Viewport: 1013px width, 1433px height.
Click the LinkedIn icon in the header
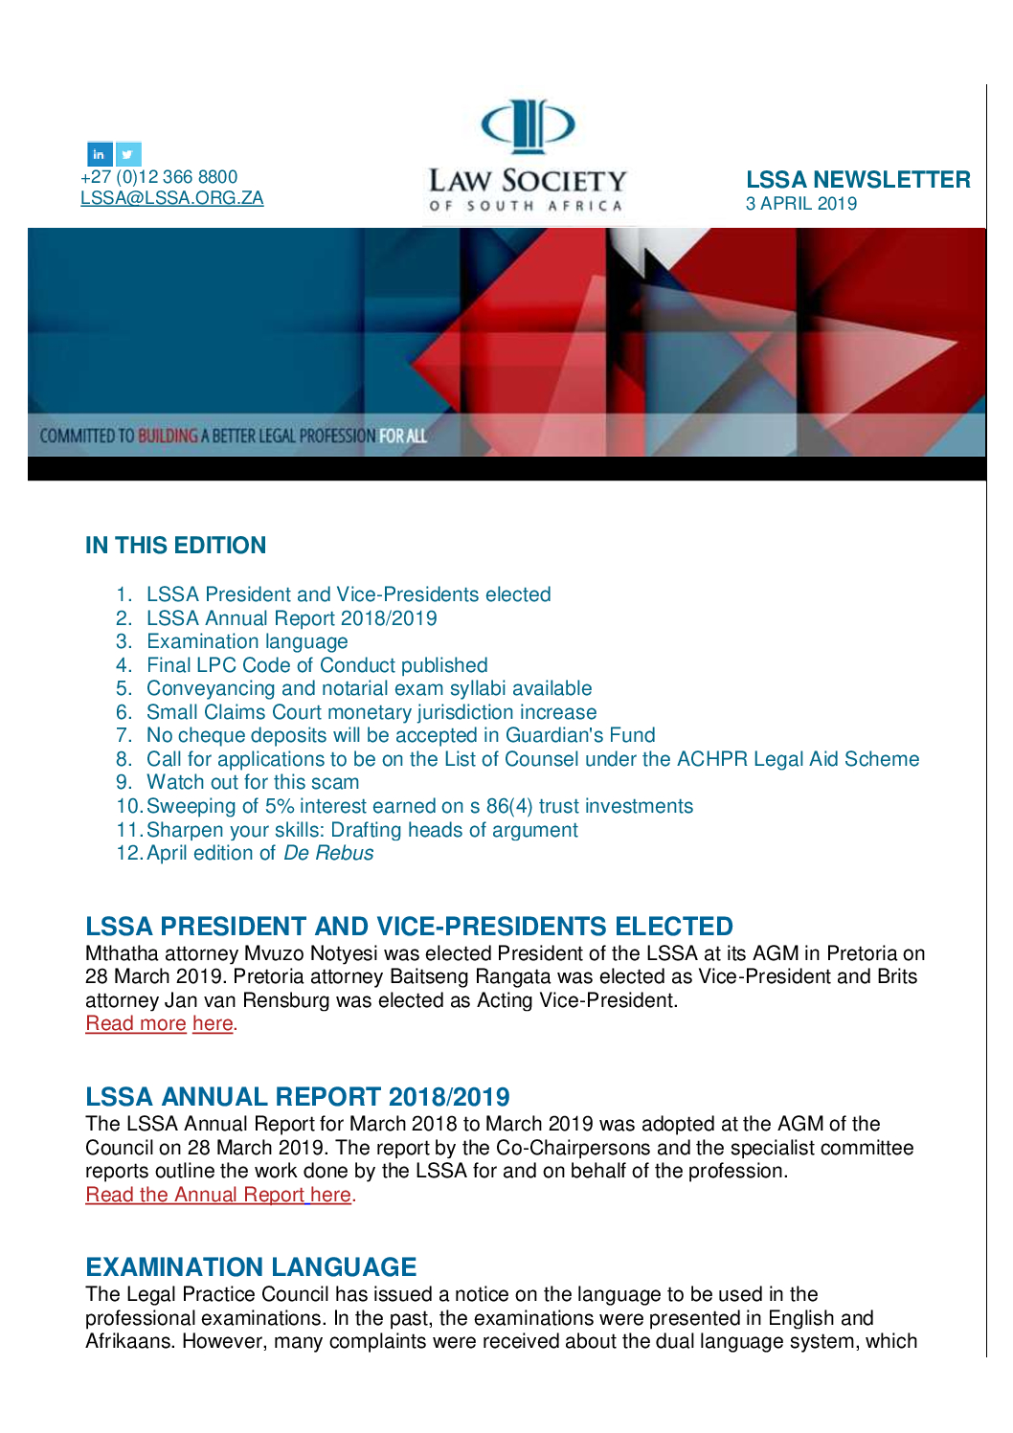tap(100, 154)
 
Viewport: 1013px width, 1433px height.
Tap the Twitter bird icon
tap(128, 154)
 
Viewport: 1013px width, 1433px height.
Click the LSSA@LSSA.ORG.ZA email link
tap(171, 198)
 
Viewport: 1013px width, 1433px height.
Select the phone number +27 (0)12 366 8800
tap(159, 177)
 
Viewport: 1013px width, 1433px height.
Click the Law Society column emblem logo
tap(527, 125)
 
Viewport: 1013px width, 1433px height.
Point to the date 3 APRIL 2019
tap(801, 204)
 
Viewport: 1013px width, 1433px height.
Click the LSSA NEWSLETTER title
tap(858, 180)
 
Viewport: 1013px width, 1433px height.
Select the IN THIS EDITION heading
tap(175, 546)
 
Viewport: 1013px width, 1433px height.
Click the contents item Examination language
tap(247, 641)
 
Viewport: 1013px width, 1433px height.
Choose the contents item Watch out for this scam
tap(253, 782)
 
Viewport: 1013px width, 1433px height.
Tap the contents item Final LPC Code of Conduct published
tap(317, 665)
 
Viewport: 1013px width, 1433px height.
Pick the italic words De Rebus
tap(328, 853)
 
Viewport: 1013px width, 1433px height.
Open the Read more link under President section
tap(136, 1023)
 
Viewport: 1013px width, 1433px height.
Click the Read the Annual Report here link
tap(218, 1195)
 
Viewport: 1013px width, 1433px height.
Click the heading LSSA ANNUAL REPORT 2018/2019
tap(297, 1097)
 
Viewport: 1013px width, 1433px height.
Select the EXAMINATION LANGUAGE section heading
tap(251, 1267)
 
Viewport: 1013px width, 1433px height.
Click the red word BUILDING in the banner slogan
tap(168, 437)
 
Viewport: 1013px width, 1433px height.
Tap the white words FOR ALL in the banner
tap(402, 437)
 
